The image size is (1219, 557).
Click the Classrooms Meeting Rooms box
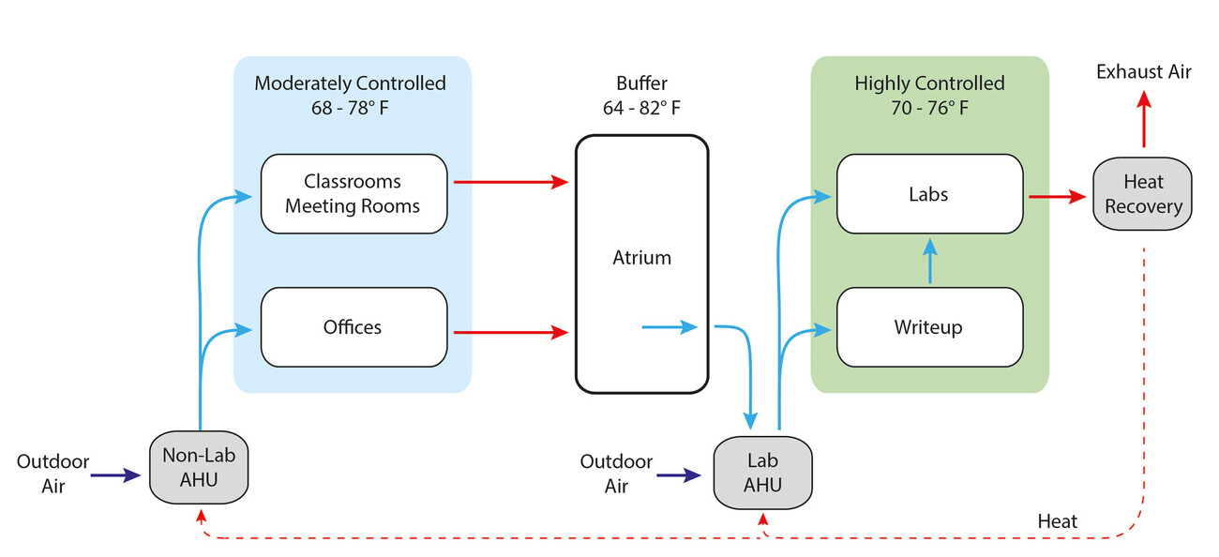tap(353, 193)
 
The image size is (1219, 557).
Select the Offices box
tap(353, 327)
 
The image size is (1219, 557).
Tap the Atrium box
tap(641, 258)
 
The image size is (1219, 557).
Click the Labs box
tap(928, 194)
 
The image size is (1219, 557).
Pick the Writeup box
tap(928, 327)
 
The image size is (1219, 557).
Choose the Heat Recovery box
tap(1142, 194)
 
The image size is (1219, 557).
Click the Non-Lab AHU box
tap(200, 467)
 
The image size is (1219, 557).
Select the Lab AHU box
tap(762, 473)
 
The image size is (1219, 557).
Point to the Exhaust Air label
tap(1144, 72)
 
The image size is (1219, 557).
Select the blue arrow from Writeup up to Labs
tap(929, 261)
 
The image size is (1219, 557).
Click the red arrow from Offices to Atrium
tap(511, 331)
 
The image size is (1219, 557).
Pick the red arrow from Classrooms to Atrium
tap(511, 182)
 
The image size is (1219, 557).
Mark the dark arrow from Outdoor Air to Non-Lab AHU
tap(115, 475)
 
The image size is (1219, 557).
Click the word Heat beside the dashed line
tap(1058, 520)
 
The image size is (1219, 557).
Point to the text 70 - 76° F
tap(928, 108)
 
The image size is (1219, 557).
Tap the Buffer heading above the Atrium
tap(641, 83)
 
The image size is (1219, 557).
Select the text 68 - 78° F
tap(350, 108)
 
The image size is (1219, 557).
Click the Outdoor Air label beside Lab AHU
tap(616, 474)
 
